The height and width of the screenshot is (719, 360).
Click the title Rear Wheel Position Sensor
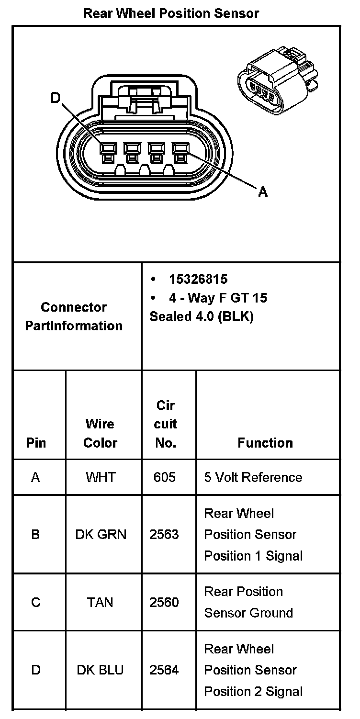(171, 13)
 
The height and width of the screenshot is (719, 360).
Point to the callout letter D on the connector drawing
(56, 98)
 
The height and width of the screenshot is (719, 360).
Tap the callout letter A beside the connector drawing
(263, 192)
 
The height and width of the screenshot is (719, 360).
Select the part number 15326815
(198, 279)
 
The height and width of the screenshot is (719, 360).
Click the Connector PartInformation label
(74, 316)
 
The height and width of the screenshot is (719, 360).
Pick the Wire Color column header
(101, 433)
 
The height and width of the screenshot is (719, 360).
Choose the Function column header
(265, 443)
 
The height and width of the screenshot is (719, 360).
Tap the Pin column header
(36, 443)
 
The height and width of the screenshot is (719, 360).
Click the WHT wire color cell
(101, 477)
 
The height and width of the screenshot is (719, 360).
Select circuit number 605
(165, 477)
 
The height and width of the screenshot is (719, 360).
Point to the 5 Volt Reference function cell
(253, 477)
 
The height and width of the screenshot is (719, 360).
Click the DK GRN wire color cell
(101, 534)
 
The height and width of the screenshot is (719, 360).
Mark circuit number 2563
(164, 534)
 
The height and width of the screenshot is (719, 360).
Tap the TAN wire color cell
(100, 602)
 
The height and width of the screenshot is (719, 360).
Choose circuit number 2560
(164, 602)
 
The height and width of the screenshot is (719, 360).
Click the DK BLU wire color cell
(100, 670)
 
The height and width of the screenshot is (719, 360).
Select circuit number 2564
(164, 670)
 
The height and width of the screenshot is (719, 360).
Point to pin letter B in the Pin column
(35, 534)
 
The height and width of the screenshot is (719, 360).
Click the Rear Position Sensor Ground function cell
(248, 602)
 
